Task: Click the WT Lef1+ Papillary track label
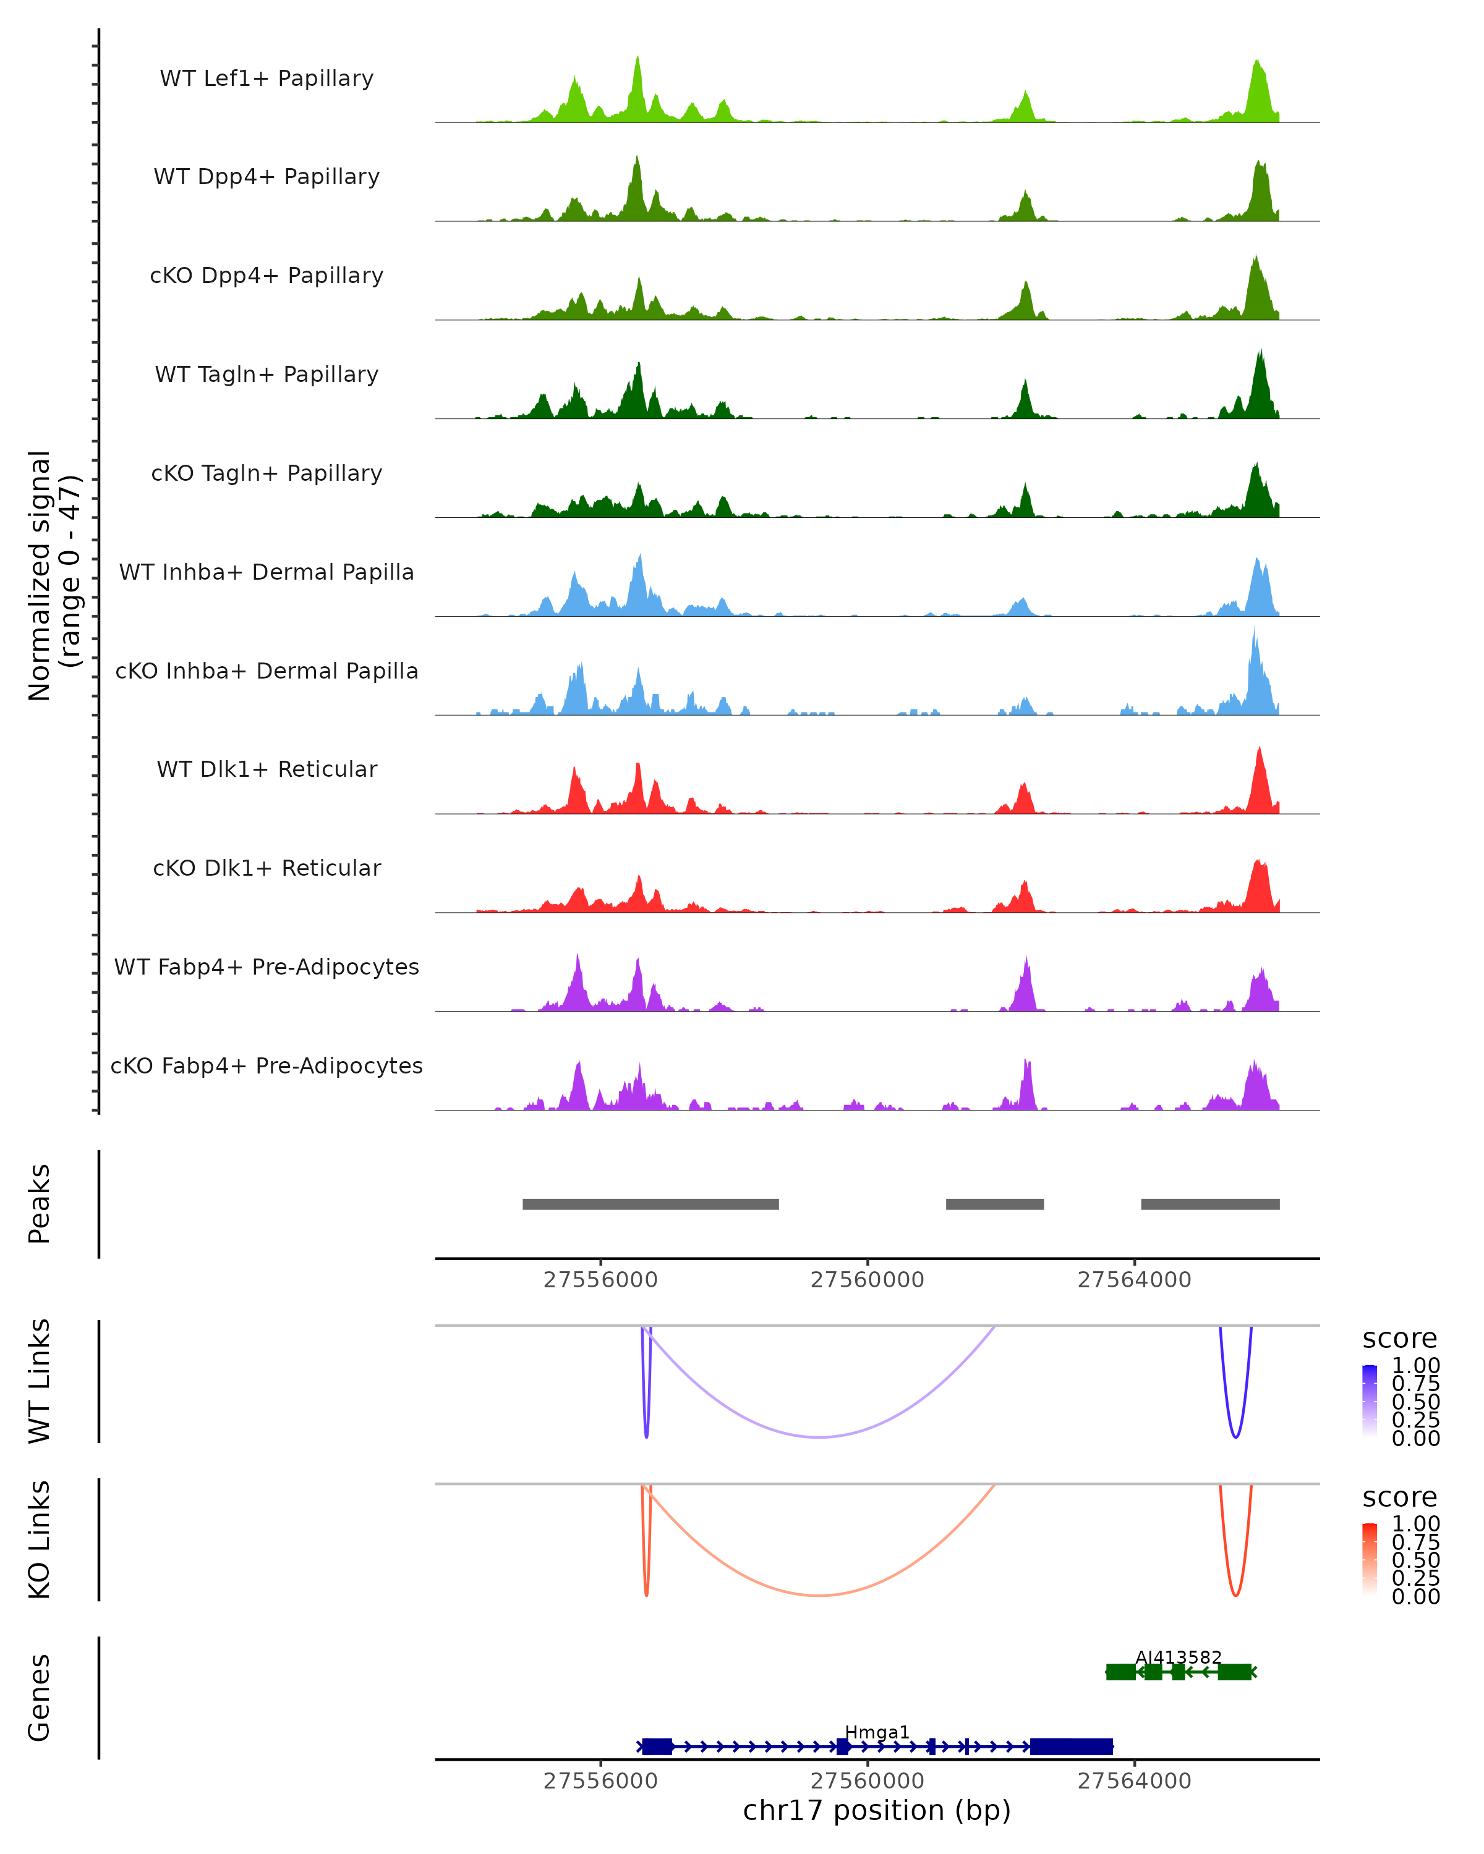pyautogui.click(x=267, y=78)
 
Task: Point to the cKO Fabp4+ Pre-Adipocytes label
pyautogui.click(x=267, y=1065)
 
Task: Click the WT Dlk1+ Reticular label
pyautogui.click(x=267, y=769)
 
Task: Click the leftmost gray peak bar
pyautogui.click(x=650, y=1204)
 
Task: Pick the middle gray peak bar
pyautogui.click(x=994, y=1204)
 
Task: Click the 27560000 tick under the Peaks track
pyautogui.click(x=867, y=1280)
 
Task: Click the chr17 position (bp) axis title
pyautogui.click(x=877, y=1810)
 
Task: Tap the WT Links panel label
pyautogui.click(x=40, y=1381)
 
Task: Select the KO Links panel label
pyautogui.click(x=40, y=1539)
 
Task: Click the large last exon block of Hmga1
pyautogui.click(x=1071, y=1746)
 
